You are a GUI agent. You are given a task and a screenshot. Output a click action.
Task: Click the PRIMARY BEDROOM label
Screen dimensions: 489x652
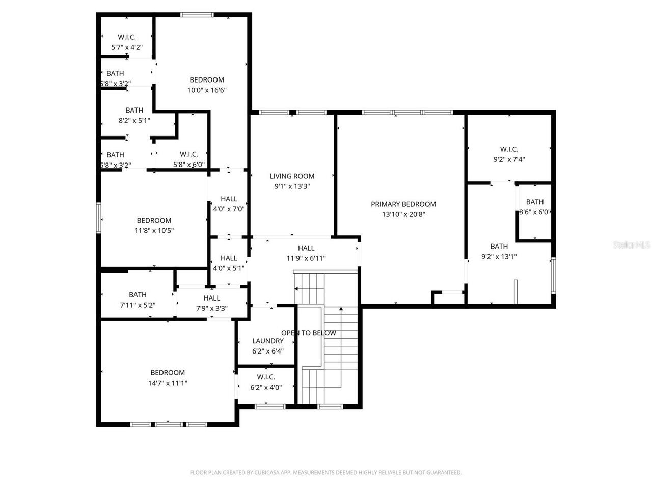(x=403, y=204)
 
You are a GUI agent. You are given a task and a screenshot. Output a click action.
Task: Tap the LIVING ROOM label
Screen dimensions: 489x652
(x=292, y=176)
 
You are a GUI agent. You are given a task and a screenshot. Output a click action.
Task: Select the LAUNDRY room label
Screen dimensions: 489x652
(x=267, y=341)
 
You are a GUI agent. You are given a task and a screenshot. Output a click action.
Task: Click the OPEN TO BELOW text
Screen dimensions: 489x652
(x=309, y=333)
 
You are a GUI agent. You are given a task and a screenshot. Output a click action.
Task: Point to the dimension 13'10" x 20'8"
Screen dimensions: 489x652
(x=403, y=214)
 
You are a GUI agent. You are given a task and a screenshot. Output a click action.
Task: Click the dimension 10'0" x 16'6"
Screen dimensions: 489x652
(x=206, y=90)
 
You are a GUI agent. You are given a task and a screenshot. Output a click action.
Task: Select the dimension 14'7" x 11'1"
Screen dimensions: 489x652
(x=168, y=383)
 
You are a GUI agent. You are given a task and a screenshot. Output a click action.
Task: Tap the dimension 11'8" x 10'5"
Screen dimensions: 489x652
(x=154, y=230)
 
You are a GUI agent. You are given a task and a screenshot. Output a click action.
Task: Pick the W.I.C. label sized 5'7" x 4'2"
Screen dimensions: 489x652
(x=127, y=37)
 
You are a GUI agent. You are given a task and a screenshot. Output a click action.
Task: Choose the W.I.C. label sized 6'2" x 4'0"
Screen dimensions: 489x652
(x=266, y=377)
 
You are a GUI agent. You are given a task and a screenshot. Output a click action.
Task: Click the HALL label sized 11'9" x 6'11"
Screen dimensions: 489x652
(x=306, y=248)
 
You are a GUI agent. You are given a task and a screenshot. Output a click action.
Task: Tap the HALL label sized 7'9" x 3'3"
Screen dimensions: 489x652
(x=212, y=298)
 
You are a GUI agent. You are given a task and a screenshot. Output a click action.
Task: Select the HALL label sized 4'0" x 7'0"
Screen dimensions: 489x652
(x=229, y=199)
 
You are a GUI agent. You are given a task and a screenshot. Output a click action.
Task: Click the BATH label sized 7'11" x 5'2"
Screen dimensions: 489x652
(x=138, y=295)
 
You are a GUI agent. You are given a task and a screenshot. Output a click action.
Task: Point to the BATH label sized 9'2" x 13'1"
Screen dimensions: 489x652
(x=499, y=247)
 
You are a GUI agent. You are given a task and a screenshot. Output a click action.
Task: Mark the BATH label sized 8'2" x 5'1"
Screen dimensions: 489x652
(x=134, y=110)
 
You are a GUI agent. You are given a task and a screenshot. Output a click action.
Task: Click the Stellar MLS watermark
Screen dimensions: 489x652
(x=632, y=245)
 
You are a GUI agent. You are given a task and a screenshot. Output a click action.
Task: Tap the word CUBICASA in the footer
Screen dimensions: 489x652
(x=268, y=473)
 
